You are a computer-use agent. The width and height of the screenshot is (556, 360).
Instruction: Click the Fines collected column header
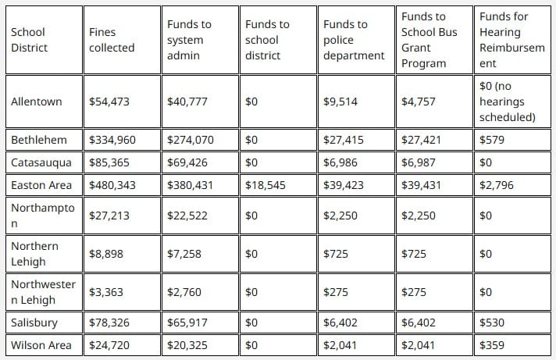click(x=112, y=40)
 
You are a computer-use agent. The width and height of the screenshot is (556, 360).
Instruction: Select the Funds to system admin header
click(x=189, y=40)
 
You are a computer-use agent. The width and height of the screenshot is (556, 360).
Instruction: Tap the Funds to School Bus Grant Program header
click(x=429, y=40)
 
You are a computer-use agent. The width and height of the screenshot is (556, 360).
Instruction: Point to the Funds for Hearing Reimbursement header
click(x=512, y=40)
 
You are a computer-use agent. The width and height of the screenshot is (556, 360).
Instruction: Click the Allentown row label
click(x=36, y=102)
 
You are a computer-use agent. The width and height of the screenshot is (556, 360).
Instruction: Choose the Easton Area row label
click(x=41, y=185)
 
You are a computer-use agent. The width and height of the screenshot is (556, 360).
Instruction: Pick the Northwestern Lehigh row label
click(x=43, y=292)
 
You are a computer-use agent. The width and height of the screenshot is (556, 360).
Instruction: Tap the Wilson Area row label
click(x=41, y=345)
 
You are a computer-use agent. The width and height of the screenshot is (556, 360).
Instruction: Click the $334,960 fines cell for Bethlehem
click(x=112, y=140)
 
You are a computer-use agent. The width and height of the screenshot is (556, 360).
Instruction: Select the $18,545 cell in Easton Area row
click(x=266, y=185)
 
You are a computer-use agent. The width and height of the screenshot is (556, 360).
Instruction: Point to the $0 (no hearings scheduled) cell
click(x=508, y=102)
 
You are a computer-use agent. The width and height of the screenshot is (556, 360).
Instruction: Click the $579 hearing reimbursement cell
click(x=492, y=140)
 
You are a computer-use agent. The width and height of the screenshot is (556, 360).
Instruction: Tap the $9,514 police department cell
click(x=340, y=102)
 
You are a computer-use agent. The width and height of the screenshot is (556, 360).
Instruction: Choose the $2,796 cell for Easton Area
click(x=497, y=185)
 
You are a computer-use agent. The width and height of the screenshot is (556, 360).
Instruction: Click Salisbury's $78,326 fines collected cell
click(x=109, y=323)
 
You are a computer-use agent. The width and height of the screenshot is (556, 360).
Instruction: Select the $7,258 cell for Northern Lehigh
click(x=184, y=254)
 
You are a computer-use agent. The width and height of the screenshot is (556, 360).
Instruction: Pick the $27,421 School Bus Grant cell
click(x=421, y=140)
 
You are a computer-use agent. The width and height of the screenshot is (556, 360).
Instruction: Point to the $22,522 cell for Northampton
click(x=187, y=216)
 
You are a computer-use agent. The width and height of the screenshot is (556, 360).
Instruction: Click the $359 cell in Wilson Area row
click(x=492, y=345)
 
